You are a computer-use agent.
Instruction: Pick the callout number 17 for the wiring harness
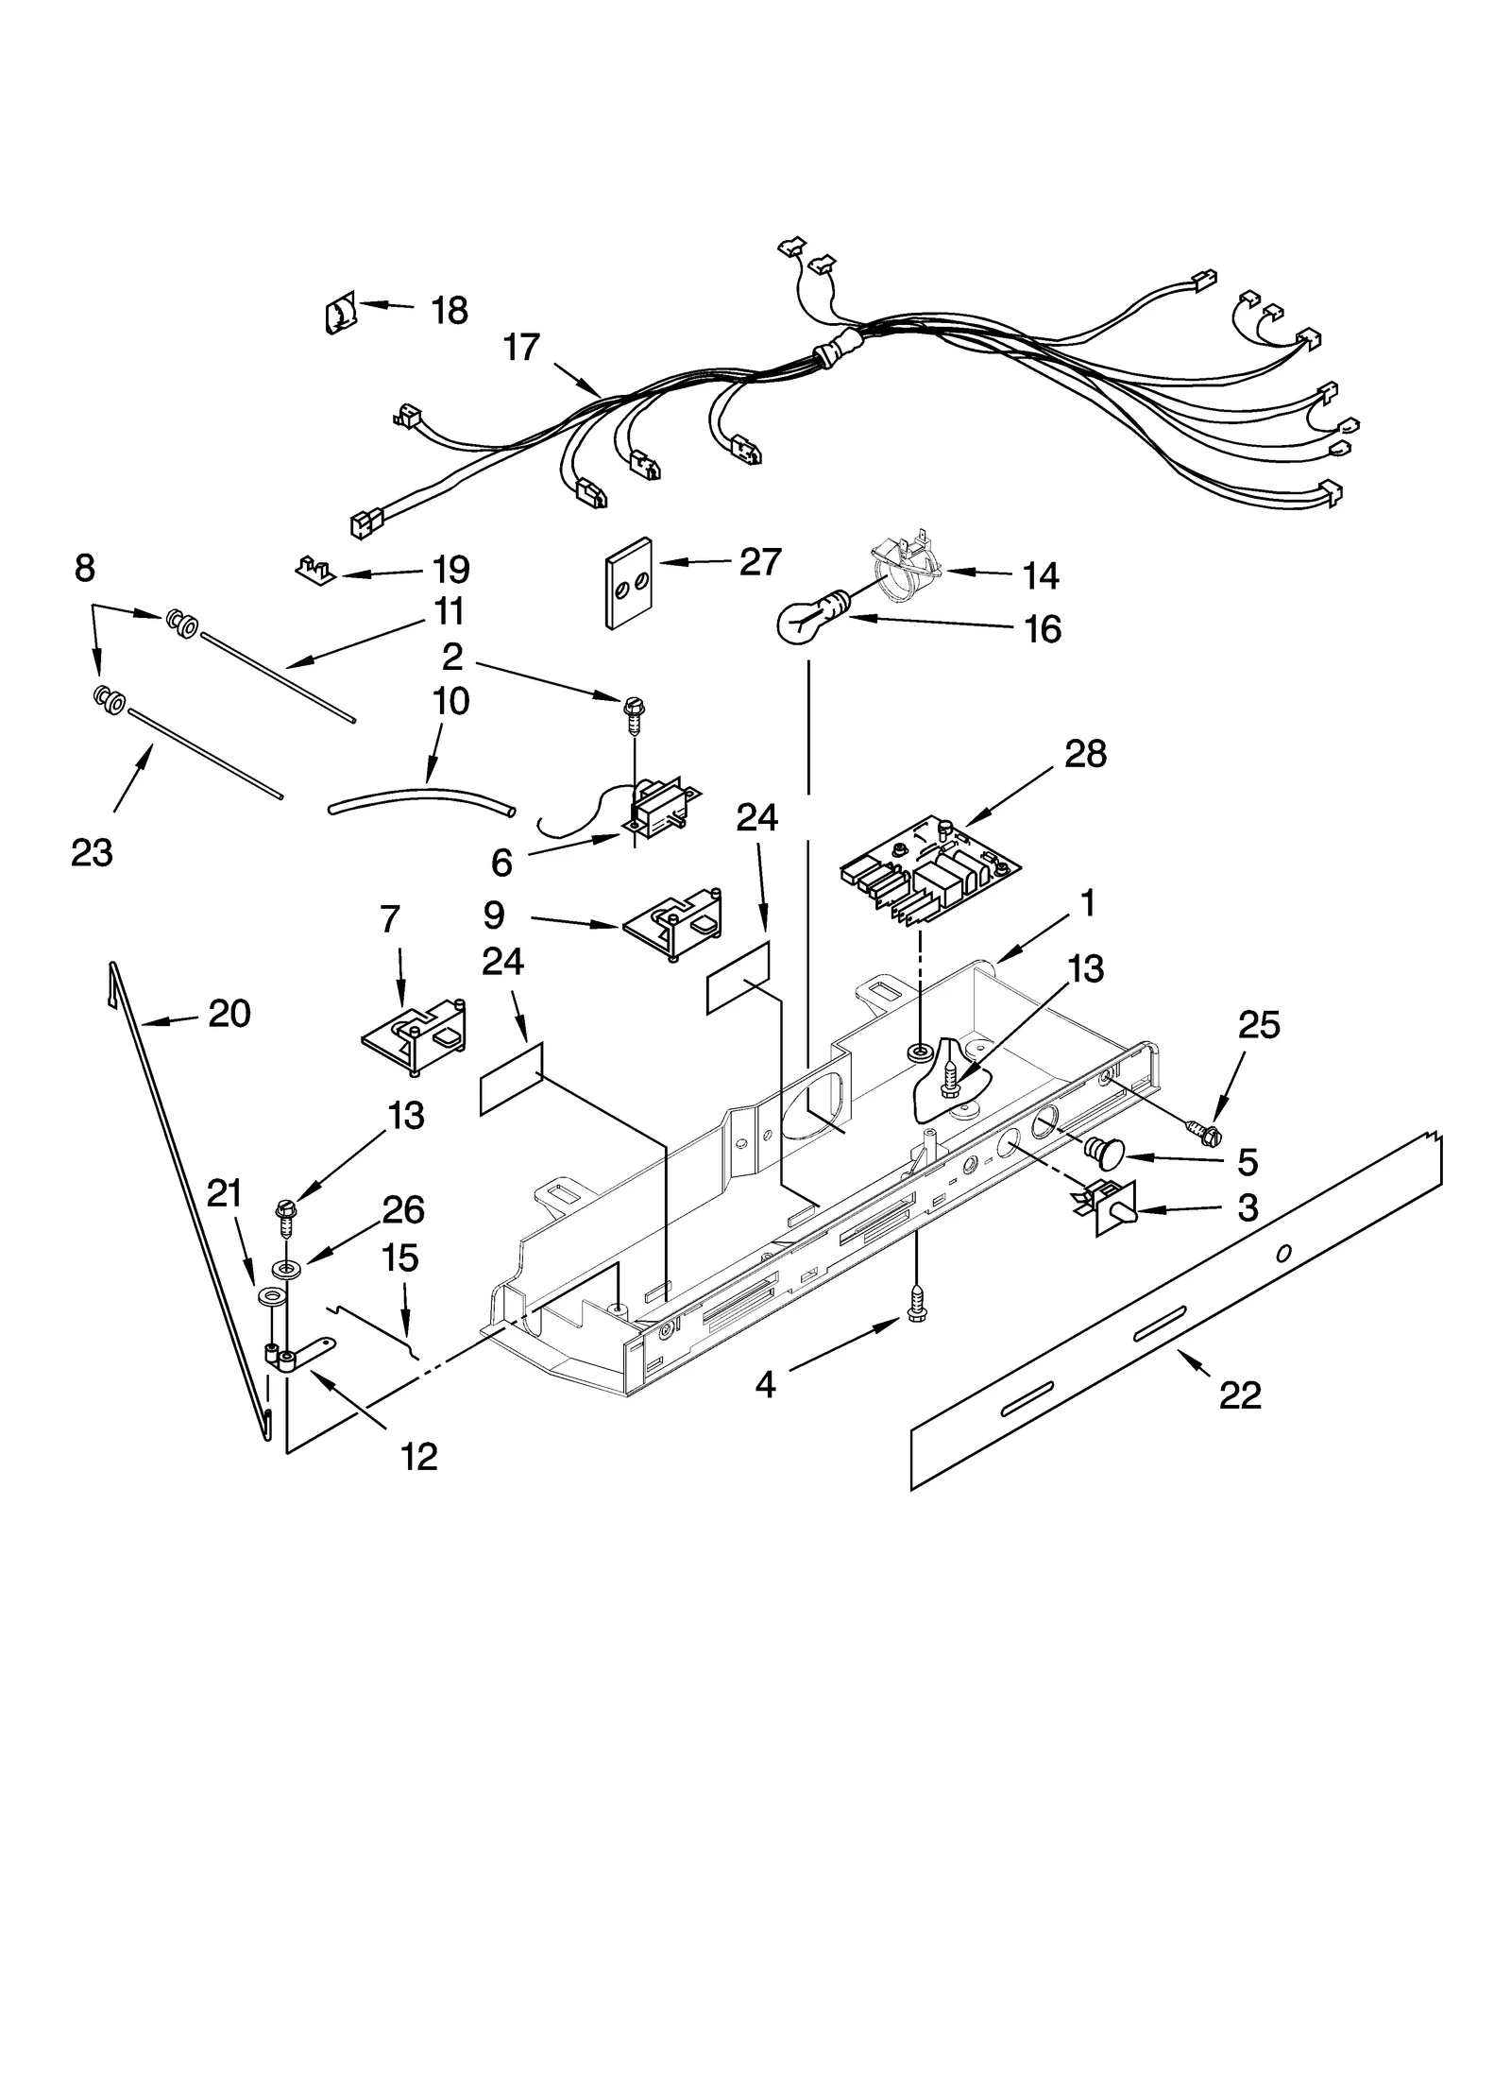tap(521, 348)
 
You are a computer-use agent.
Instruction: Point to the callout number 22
tap(1240, 1394)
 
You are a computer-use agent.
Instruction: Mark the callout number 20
tap(229, 1014)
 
